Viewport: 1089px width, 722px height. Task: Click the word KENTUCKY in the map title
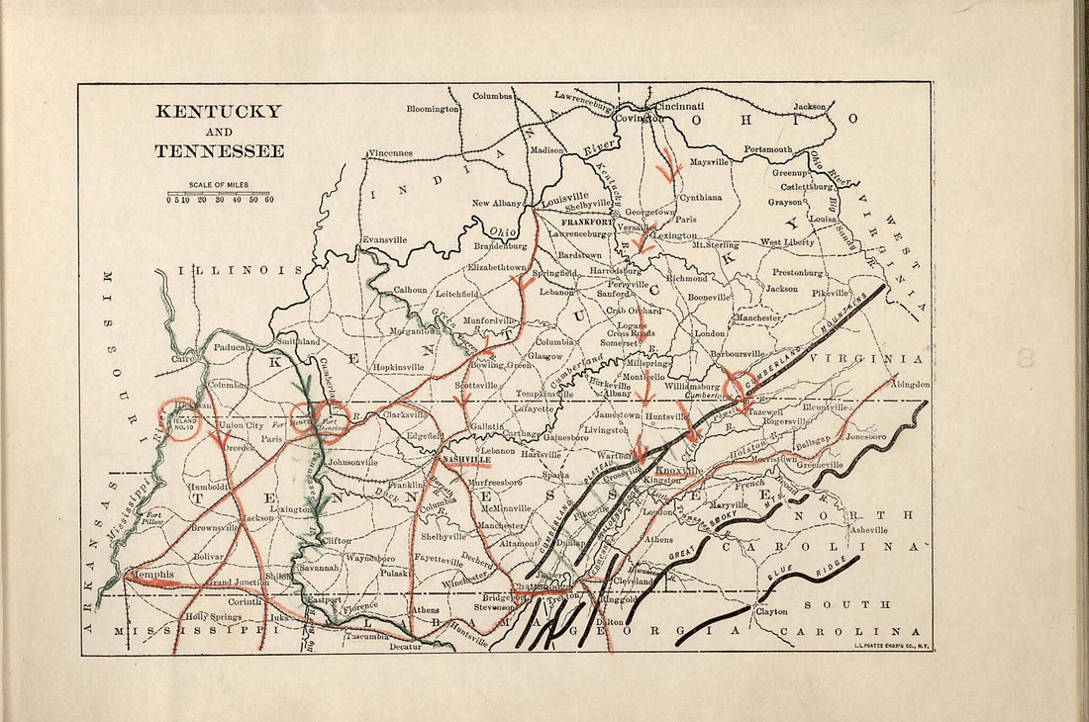click(218, 112)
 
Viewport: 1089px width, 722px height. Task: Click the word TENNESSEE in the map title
click(219, 151)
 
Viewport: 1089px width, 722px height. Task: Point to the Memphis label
click(150, 574)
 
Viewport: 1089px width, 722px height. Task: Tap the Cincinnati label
click(675, 106)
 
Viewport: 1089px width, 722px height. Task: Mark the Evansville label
click(385, 239)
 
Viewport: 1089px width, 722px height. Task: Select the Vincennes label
click(390, 154)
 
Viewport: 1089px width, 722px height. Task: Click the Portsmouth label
click(768, 149)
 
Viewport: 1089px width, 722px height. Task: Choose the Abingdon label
click(910, 384)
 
